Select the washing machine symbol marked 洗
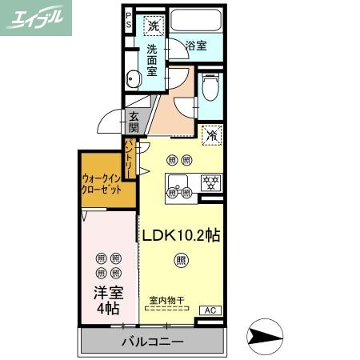(153, 26)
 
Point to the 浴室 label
(195, 46)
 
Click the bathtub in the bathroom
(195, 22)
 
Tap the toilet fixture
(210, 86)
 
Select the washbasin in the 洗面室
(134, 78)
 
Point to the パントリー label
(130, 155)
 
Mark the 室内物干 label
(167, 302)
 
